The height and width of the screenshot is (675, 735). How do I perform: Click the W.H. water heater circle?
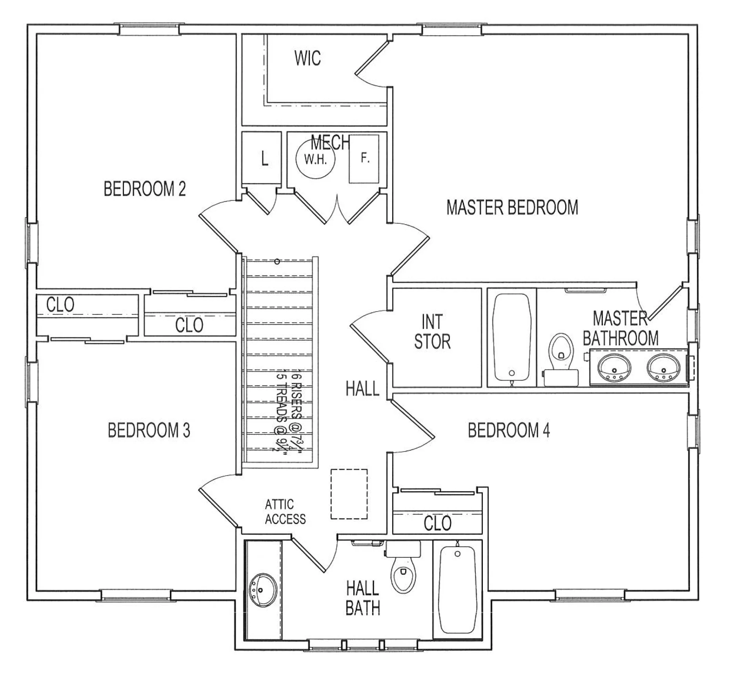(315, 160)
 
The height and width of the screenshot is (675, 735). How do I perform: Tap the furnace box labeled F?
(364, 159)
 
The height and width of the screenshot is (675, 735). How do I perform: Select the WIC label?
(307, 58)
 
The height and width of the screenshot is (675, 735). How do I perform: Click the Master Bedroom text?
(512, 207)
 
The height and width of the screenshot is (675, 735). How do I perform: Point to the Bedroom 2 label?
(144, 189)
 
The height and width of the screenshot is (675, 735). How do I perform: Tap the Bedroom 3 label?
(149, 430)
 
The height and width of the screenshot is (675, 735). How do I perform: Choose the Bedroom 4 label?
(509, 430)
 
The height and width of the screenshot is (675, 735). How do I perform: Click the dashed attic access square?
(349, 494)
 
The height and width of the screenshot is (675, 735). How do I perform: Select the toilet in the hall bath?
(403, 572)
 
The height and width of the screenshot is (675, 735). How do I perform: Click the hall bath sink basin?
(263, 590)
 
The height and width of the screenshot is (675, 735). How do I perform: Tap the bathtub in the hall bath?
(457, 590)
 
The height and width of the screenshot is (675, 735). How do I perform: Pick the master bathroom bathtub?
(511, 337)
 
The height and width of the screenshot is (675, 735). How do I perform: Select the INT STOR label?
(432, 332)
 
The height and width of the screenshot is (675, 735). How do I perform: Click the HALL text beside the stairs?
(362, 389)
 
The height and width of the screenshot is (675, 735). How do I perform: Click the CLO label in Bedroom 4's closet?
(437, 523)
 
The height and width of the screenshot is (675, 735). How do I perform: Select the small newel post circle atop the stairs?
(277, 261)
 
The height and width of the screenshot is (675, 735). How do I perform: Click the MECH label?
(330, 142)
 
